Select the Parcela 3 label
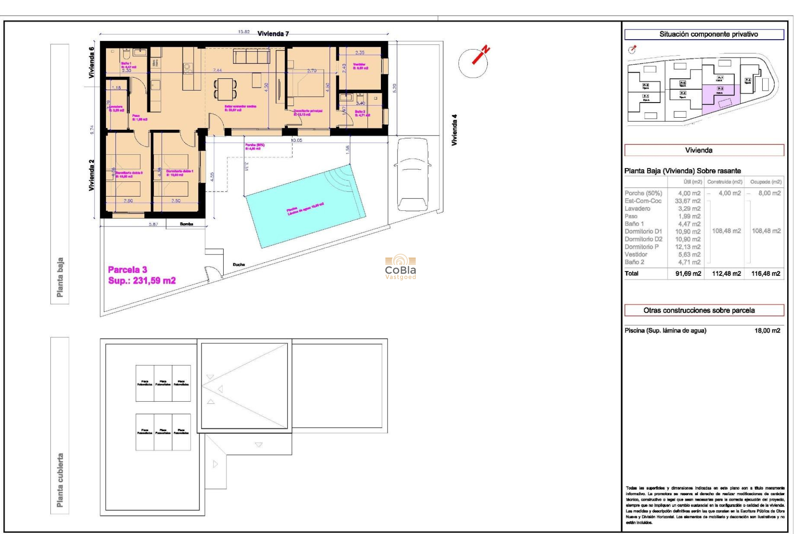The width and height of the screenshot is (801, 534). click(x=128, y=270)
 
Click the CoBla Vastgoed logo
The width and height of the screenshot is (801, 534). click(x=400, y=267)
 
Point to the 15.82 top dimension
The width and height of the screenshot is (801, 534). click(x=244, y=32)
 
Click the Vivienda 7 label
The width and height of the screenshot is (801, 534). click(x=273, y=34)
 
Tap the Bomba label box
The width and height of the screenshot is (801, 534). click(x=186, y=224)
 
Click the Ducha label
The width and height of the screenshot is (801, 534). click(x=239, y=264)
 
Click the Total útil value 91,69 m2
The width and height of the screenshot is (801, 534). click(x=688, y=274)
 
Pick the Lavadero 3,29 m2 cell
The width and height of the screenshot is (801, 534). click(x=689, y=209)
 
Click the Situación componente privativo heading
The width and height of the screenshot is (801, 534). click(x=708, y=34)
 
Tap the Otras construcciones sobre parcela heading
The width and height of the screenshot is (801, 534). click(x=699, y=310)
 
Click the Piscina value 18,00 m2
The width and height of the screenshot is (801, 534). click(x=767, y=331)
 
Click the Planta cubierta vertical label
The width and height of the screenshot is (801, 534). click(x=60, y=480)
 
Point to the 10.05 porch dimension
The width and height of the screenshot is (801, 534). click(x=296, y=140)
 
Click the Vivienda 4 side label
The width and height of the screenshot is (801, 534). click(x=454, y=130)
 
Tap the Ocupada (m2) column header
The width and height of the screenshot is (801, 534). click(x=766, y=182)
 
